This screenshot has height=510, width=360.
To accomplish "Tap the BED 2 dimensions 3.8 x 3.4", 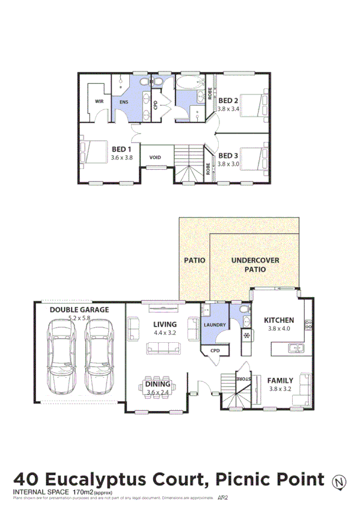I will point(228,109).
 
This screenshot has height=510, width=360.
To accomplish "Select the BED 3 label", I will point(228,155).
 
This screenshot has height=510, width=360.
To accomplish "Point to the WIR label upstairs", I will point(99,102).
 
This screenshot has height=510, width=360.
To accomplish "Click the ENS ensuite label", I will point(124,102).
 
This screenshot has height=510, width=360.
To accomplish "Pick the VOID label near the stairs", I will point(155,158).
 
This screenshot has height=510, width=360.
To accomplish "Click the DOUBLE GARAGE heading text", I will point(79,310).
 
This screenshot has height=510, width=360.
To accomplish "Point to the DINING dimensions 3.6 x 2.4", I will point(159,393).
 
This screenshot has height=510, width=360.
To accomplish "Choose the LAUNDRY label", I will point(215,325).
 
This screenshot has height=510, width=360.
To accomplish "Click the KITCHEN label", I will point(279,320).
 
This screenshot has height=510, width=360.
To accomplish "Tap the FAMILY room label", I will point(280,380).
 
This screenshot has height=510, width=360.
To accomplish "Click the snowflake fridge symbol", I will point(246,336).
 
